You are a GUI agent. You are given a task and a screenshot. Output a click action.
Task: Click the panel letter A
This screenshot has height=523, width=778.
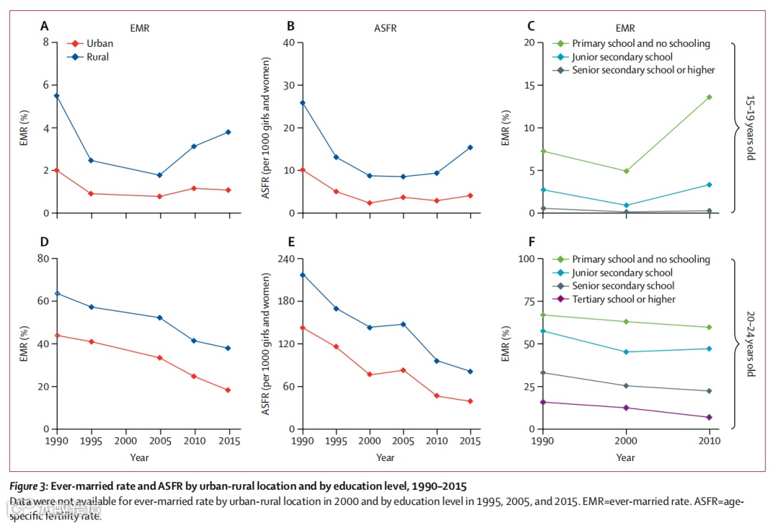click(45, 27)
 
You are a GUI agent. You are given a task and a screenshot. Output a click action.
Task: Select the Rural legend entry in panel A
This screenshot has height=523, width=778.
click(98, 57)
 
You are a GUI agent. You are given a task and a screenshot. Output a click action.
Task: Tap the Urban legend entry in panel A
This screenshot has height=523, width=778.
click(99, 43)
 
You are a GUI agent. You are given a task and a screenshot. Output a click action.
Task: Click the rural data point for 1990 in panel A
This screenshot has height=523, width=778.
click(57, 95)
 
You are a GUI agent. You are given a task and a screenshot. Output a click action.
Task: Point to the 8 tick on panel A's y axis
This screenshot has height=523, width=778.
click(46, 42)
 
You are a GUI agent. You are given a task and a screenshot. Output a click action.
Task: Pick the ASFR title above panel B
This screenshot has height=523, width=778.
click(385, 29)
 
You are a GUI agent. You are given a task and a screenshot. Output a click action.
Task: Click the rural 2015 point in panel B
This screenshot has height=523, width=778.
click(470, 147)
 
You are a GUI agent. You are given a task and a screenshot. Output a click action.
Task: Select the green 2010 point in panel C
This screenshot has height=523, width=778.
click(709, 97)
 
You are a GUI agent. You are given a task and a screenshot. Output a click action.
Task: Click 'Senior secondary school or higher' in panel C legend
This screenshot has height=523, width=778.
click(643, 70)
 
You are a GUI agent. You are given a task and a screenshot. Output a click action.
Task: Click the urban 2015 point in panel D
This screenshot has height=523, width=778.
click(228, 390)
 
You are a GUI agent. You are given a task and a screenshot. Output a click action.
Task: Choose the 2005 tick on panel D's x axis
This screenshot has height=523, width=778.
click(160, 440)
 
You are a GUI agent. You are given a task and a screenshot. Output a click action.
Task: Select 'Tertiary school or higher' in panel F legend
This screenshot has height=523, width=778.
click(624, 299)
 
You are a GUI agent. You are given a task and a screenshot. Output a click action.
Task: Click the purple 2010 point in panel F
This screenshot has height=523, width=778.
click(709, 417)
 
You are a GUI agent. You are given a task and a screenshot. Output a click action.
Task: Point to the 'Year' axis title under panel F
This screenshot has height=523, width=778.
click(625, 457)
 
